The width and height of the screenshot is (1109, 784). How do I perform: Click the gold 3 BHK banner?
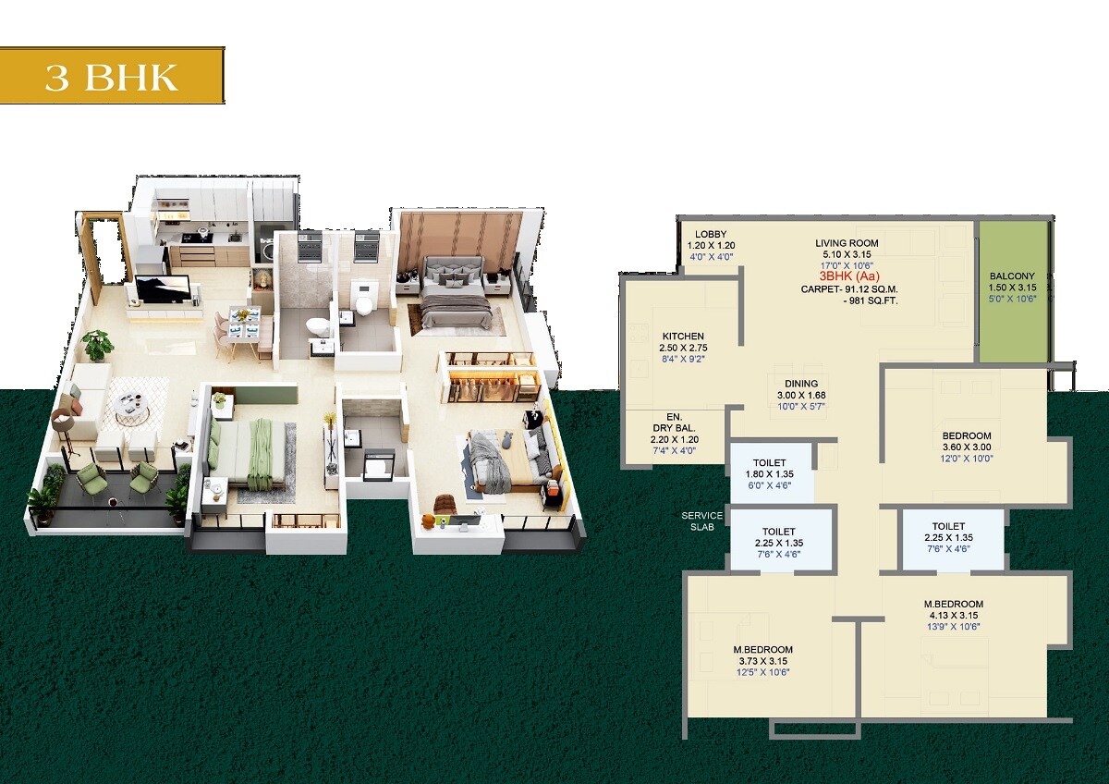(x=112, y=76)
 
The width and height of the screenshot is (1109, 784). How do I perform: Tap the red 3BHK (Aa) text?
(x=847, y=276)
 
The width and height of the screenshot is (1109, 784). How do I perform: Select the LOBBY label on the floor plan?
(x=711, y=235)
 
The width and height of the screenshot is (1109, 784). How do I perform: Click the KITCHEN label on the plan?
(x=683, y=337)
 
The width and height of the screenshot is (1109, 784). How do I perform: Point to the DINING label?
(x=801, y=384)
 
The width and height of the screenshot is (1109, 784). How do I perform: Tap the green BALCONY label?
(x=1012, y=276)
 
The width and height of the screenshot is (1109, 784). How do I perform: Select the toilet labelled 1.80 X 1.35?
(x=770, y=462)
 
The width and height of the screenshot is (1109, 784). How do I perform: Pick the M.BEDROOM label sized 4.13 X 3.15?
(x=957, y=604)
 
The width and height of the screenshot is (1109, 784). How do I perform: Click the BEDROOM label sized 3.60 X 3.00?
(x=967, y=435)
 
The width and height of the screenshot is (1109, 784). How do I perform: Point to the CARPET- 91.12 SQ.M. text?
(x=849, y=288)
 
